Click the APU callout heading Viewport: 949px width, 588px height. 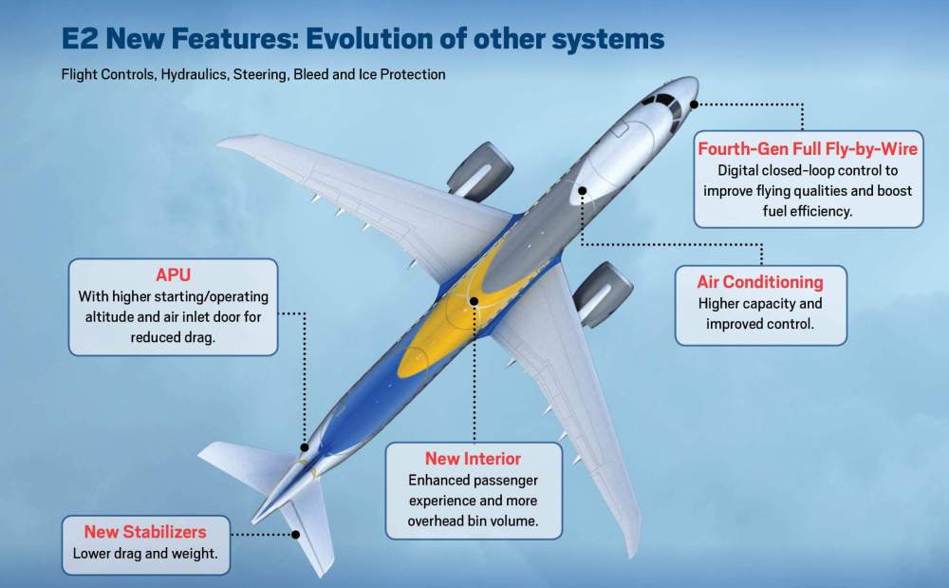point(173,275)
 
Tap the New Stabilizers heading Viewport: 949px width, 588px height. point(144,532)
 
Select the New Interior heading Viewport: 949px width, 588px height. point(473,459)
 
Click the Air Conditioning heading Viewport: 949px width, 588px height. point(760,282)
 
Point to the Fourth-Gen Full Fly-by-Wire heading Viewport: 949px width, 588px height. point(808,149)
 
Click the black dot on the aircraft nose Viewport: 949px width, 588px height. point(695,104)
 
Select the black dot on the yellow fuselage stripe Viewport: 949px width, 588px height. point(473,300)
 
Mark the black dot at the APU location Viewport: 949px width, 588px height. point(304,446)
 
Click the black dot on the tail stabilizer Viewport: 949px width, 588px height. point(295,535)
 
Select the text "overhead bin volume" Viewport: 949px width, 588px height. point(473,522)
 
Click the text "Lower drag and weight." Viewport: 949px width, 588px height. point(144,553)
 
